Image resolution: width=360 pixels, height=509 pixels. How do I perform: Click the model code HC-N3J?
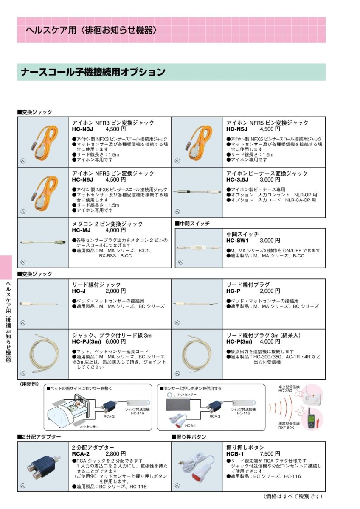[82, 129]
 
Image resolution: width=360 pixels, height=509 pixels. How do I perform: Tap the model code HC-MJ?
[82, 230]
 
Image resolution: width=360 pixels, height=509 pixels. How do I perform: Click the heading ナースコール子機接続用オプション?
[93, 72]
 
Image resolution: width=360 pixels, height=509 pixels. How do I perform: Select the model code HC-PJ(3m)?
[86, 341]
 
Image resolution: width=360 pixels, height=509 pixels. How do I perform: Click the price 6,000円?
[115, 341]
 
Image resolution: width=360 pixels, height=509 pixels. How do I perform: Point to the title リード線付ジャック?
[96, 285]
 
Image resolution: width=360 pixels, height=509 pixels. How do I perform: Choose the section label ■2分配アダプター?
[39, 436]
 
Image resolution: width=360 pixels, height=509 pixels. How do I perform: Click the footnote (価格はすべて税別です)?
[292, 496]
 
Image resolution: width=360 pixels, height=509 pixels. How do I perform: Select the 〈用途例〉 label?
[29, 384]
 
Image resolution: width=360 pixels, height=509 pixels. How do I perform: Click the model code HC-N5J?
[237, 129]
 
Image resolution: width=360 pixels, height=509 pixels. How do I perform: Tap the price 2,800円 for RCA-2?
[115, 453]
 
